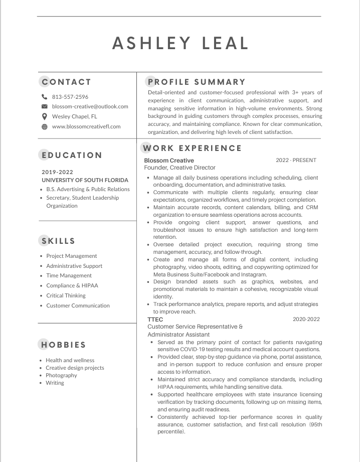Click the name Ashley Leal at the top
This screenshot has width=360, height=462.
(181, 43)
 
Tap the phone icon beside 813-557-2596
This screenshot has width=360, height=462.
(44, 97)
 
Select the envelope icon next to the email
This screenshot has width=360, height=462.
(44, 107)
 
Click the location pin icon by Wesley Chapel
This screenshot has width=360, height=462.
(44, 116)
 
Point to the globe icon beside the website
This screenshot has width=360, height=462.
(44, 126)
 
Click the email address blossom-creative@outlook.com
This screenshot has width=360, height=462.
(90, 106)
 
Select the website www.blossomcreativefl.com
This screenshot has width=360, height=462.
(86, 126)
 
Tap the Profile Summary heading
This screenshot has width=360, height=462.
(196, 82)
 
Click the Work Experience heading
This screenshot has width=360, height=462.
(193, 148)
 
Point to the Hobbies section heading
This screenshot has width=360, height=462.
(64, 345)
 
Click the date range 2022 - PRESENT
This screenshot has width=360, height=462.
(296, 161)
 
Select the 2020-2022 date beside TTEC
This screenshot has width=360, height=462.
(306, 320)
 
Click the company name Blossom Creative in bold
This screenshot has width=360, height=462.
(169, 161)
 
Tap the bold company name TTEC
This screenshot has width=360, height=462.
(155, 320)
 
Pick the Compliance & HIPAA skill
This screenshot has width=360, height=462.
(72, 286)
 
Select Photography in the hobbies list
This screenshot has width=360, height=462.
(61, 375)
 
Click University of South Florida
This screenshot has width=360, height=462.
(85, 180)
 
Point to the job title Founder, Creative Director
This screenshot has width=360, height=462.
(179, 168)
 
